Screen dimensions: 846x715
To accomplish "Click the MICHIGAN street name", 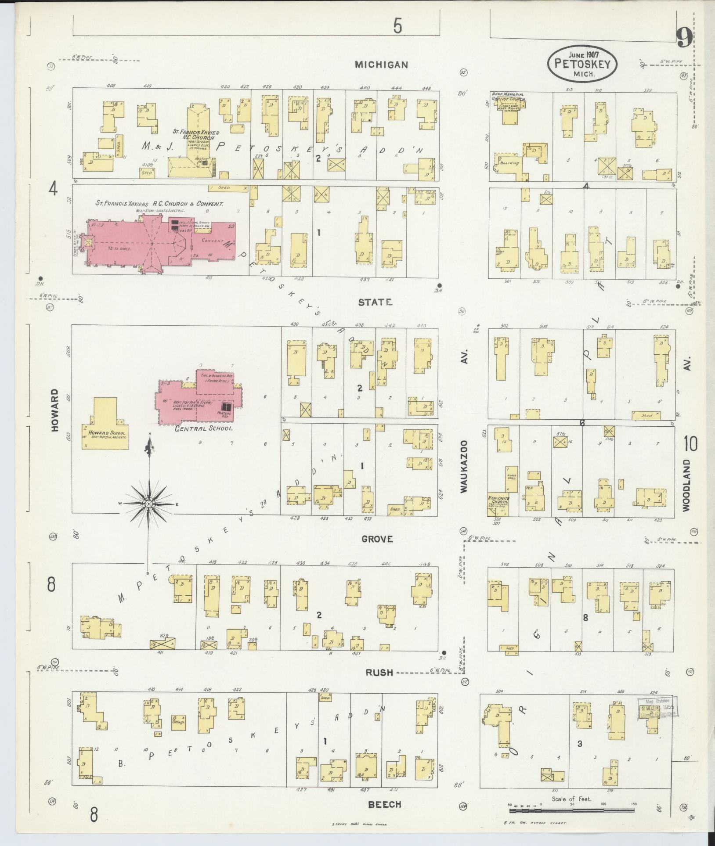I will [381, 65].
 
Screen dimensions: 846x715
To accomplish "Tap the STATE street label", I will [375, 302].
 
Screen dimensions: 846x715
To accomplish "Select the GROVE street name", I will [377, 539].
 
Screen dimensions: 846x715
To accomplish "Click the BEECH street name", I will [384, 804].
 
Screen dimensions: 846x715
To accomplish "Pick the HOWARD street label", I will [55, 410].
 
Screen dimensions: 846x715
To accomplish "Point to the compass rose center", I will [149, 503].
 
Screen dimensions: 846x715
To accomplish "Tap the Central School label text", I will [203, 428].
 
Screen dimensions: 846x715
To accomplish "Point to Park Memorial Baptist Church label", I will [508, 97].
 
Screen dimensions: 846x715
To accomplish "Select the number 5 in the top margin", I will [397, 27].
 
